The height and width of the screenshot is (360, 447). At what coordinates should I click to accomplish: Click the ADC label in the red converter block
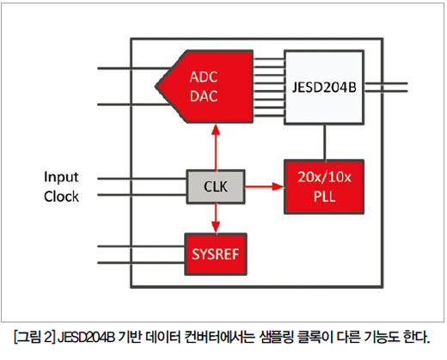tap(204, 77)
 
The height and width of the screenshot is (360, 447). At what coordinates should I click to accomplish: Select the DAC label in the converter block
tap(204, 96)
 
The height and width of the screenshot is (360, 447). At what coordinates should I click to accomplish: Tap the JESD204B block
tap(324, 88)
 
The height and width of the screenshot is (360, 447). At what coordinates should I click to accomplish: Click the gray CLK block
tap(216, 186)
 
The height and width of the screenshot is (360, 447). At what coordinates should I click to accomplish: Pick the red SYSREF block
tap(216, 254)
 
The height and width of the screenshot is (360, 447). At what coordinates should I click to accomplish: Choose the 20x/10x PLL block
tap(324, 186)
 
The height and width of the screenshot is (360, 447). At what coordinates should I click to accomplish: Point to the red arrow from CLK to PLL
tap(264, 186)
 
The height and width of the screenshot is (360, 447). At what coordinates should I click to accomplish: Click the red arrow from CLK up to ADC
tap(216, 147)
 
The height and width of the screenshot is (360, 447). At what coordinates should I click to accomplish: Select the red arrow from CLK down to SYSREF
tap(216, 218)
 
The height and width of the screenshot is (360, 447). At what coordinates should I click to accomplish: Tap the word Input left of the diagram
tap(61, 177)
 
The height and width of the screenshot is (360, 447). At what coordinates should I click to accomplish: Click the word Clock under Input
tap(61, 197)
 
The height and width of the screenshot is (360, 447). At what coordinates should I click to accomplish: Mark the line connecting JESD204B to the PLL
tap(325, 142)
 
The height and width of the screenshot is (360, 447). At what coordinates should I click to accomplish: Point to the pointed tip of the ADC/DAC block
tap(156, 86)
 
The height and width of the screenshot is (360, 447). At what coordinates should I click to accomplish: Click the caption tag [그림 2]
tap(34, 337)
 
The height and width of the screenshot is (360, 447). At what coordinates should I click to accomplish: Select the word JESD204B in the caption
tap(86, 337)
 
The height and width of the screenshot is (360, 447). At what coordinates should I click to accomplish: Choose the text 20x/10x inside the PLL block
tap(324, 177)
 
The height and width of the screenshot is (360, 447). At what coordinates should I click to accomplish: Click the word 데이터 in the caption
tap(162, 337)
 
